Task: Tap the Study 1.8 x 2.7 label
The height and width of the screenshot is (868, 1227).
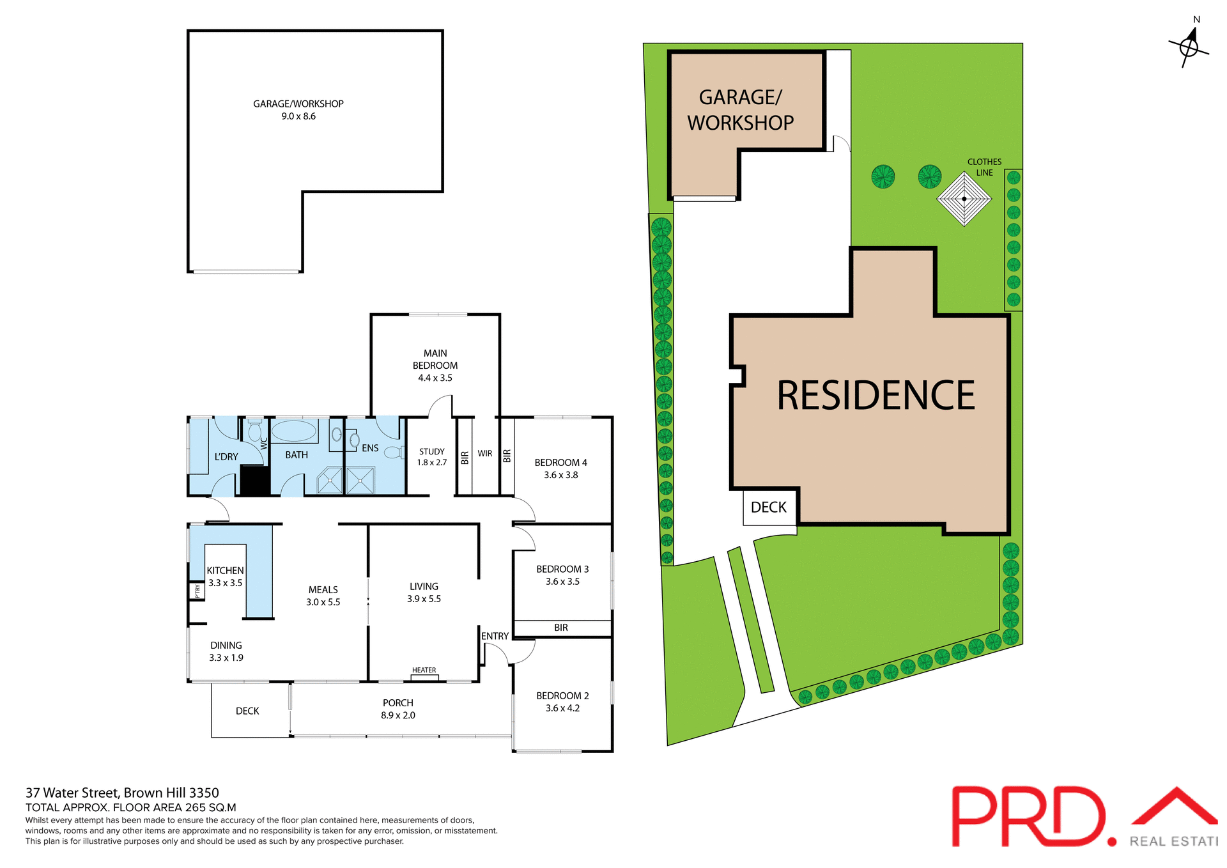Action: pos(432,457)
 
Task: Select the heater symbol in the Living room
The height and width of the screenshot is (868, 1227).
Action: pos(424,676)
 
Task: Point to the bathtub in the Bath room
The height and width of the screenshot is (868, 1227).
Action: pos(295,431)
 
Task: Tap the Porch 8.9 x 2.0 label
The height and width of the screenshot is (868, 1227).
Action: pos(397,709)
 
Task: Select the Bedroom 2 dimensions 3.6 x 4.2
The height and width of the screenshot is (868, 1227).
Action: pos(562,708)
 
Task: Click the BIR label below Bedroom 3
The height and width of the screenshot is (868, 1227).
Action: pos(561,628)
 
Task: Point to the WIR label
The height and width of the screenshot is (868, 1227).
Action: pos(485,453)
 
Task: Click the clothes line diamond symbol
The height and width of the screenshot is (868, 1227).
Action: pos(964,199)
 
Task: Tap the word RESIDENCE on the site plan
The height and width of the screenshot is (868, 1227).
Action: pos(876,395)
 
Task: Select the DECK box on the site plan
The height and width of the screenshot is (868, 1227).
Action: pos(769,508)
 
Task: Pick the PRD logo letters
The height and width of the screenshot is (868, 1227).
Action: pos(1029,817)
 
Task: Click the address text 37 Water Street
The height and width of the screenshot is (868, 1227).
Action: pos(121,793)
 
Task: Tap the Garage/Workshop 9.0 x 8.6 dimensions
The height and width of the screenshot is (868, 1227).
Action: pos(298,116)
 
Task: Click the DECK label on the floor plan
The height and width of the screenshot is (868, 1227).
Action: pos(247,711)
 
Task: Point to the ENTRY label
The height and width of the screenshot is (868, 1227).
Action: pos(495,636)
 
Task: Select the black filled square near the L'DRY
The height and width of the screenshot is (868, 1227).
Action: pos(254,481)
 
